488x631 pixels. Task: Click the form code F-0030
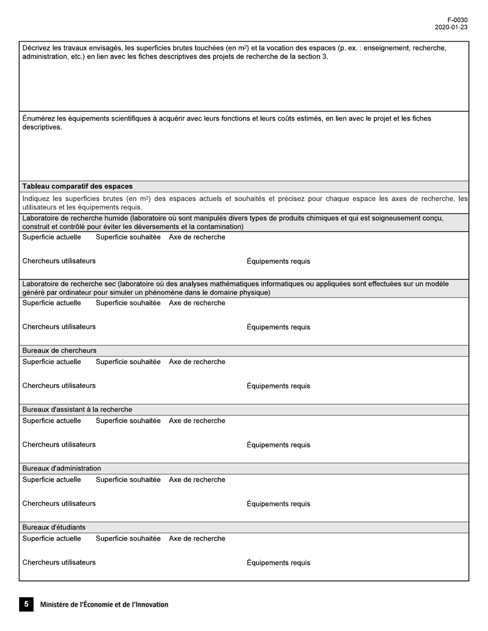click(x=457, y=21)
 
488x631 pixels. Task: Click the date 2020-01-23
click(x=451, y=28)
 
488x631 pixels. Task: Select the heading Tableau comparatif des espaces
click(x=77, y=186)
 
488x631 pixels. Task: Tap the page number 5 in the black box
click(x=26, y=604)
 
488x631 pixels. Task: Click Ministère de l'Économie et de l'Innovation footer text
click(x=104, y=605)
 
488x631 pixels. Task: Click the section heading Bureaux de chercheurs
click(x=59, y=350)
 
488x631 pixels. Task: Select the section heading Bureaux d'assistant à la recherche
click(x=77, y=409)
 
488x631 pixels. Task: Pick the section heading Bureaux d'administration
click(x=62, y=468)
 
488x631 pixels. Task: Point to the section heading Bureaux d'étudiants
click(x=54, y=527)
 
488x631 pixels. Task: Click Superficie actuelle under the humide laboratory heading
click(x=51, y=237)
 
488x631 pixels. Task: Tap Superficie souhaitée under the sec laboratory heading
click(x=128, y=303)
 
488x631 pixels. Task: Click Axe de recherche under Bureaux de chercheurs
click(x=197, y=362)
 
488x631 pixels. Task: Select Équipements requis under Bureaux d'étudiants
click(x=278, y=563)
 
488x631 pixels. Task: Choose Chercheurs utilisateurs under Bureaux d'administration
click(x=59, y=503)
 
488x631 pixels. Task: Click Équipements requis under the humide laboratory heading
click(x=278, y=261)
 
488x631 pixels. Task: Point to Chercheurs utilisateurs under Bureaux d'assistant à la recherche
click(x=59, y=444)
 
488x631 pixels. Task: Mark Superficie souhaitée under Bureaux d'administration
click(x=128, y=480)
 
